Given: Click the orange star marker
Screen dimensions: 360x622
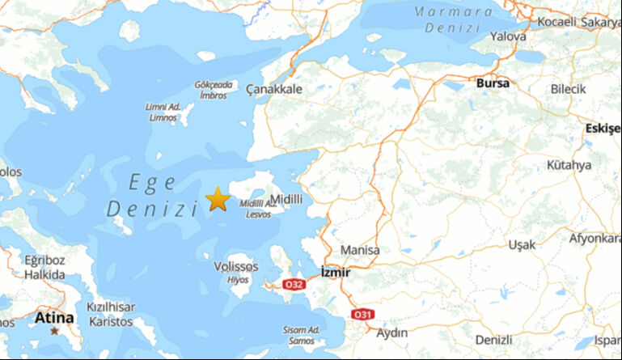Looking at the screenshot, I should tap(217, 199).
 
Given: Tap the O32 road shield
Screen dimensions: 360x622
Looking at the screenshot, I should tap(294, 284).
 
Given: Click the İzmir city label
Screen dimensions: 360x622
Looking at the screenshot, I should tap(336, 272).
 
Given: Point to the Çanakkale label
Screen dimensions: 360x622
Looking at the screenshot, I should tap(274, 89).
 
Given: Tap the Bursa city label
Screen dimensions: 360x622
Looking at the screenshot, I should tap(493, 83).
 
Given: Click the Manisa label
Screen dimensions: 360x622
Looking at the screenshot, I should tap(360, 250).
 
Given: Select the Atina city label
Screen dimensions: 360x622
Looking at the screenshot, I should tap(53, 317).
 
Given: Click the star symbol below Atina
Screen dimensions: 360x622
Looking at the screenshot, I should tap(54, 331).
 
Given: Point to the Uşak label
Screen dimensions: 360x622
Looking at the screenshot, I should tap(522, 244).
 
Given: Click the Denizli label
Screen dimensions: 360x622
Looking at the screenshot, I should tap(494, 339).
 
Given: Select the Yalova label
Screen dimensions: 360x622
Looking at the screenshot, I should tap(509, 36).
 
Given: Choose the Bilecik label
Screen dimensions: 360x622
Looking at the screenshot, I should tap(568, 89).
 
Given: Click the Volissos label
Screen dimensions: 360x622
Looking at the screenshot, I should tap(236, 266).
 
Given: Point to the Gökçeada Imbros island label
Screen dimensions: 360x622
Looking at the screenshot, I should tap(213, 89).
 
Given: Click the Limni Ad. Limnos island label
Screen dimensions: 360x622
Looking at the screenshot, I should tap(163, 112).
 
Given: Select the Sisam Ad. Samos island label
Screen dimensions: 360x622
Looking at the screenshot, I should tap(302, 334).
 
